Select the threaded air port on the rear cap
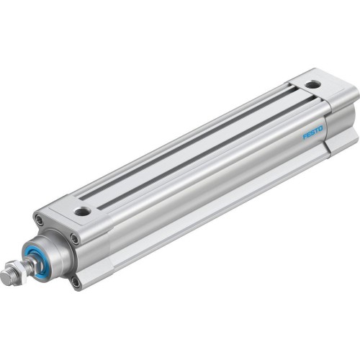click(x=310, y=85)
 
